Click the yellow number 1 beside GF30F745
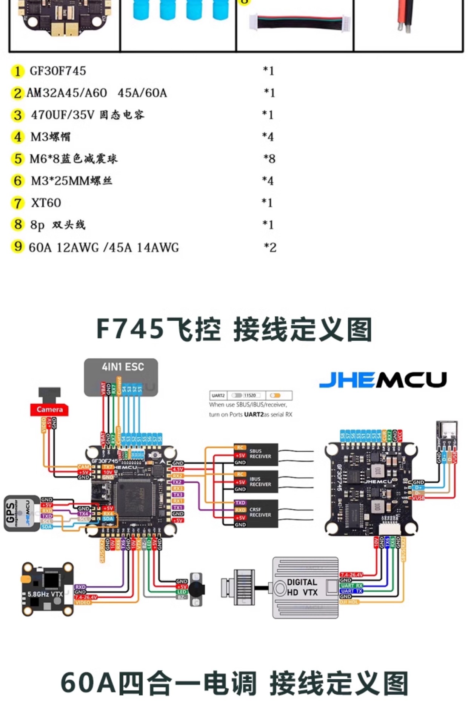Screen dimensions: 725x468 [x=17, y=71]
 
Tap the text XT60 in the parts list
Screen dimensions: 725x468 [x=46, y=203]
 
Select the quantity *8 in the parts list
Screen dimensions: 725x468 [x=269, y=159]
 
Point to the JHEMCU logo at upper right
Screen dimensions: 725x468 [x=383, y=379]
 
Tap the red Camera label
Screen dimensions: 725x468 [x=49, y=410]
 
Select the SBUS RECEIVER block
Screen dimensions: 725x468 [x=256, y=454]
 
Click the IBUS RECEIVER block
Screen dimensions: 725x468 [x=256, y=481]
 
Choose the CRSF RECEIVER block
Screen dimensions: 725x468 [x=256, y=513]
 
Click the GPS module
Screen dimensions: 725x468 [x=22, y=513]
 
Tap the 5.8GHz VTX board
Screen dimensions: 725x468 [x=47, y=589]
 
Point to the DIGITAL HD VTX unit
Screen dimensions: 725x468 [x=305, y=587]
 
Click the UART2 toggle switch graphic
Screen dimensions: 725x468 [x=237, y=395]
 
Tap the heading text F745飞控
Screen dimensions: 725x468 [x=159, y=329]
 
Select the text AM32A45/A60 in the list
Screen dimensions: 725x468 [x=66, y=93]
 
